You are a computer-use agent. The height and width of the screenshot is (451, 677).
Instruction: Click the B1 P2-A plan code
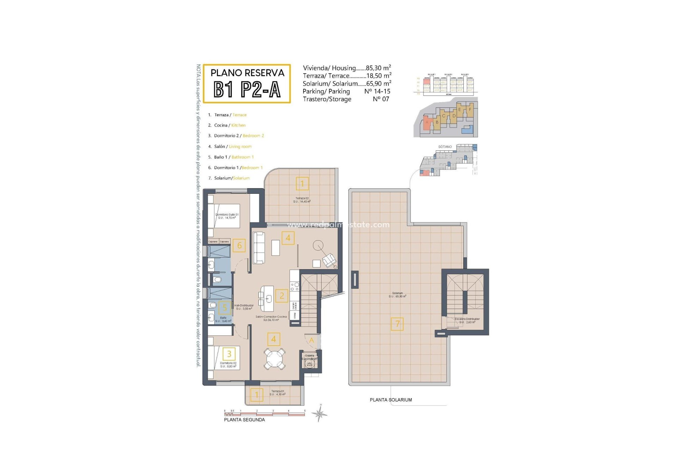coord(247,89)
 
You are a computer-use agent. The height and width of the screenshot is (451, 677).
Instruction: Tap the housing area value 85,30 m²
coord(378,68)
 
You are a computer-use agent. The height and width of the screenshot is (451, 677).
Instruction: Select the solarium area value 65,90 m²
coord(379,84)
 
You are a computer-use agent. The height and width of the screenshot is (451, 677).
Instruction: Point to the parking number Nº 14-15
coord(377,91)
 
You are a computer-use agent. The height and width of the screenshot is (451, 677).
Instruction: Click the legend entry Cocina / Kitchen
coord(230,125)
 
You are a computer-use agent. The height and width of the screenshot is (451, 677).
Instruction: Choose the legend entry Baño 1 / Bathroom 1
coord(233,157)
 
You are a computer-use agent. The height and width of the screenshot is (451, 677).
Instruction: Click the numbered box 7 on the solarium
coord(397,324)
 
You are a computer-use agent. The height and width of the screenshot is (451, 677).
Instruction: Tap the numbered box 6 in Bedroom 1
coord(239,246)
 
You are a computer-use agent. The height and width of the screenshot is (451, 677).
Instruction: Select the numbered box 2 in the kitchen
coord(282,296)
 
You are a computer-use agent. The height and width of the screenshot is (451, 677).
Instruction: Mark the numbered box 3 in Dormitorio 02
coord(229,354)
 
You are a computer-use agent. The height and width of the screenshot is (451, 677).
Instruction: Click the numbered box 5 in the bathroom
coord(225,308)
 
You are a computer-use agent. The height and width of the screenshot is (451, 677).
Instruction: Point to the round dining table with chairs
coord(274,359)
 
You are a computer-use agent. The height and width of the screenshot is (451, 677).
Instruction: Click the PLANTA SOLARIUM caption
coord(391,400)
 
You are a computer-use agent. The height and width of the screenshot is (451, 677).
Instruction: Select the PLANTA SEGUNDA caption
coord(244,420)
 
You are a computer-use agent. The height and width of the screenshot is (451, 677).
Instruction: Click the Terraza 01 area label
coord(277,393)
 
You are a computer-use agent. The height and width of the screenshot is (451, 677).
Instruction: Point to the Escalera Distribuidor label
coord(467,320)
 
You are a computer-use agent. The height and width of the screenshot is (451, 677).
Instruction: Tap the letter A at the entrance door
coord(311,340)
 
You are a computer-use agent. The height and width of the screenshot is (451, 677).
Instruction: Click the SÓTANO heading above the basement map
coord(445,147)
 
